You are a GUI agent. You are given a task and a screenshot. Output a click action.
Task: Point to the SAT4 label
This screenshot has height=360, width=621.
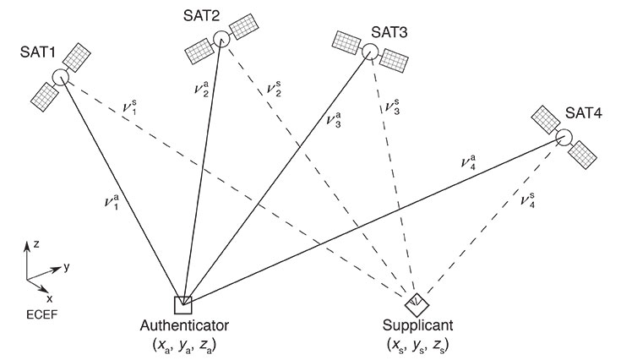point(583,113)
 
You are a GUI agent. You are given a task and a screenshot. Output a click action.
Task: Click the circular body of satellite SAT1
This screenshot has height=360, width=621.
point(60,78)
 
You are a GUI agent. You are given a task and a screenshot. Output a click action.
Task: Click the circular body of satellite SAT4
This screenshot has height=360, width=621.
point(563,138)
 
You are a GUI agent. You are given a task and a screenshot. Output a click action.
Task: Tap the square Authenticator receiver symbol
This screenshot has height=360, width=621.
point(182,304)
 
